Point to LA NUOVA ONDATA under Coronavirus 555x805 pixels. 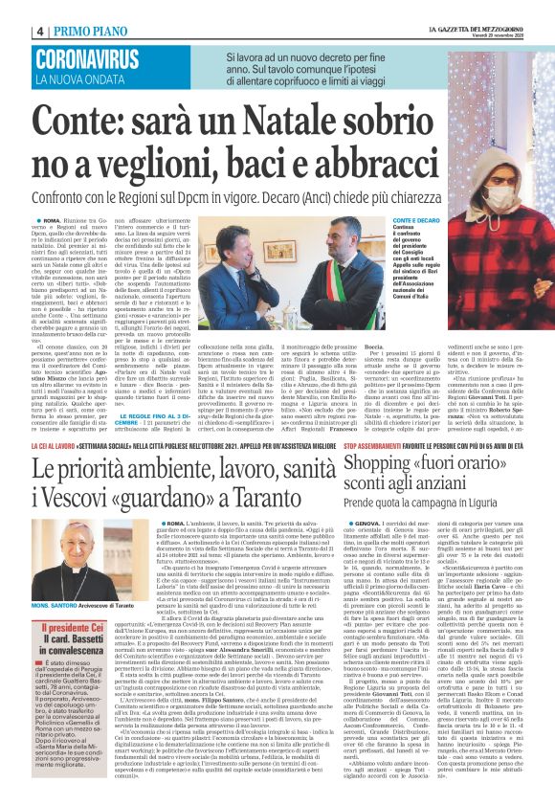pos(82,78)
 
